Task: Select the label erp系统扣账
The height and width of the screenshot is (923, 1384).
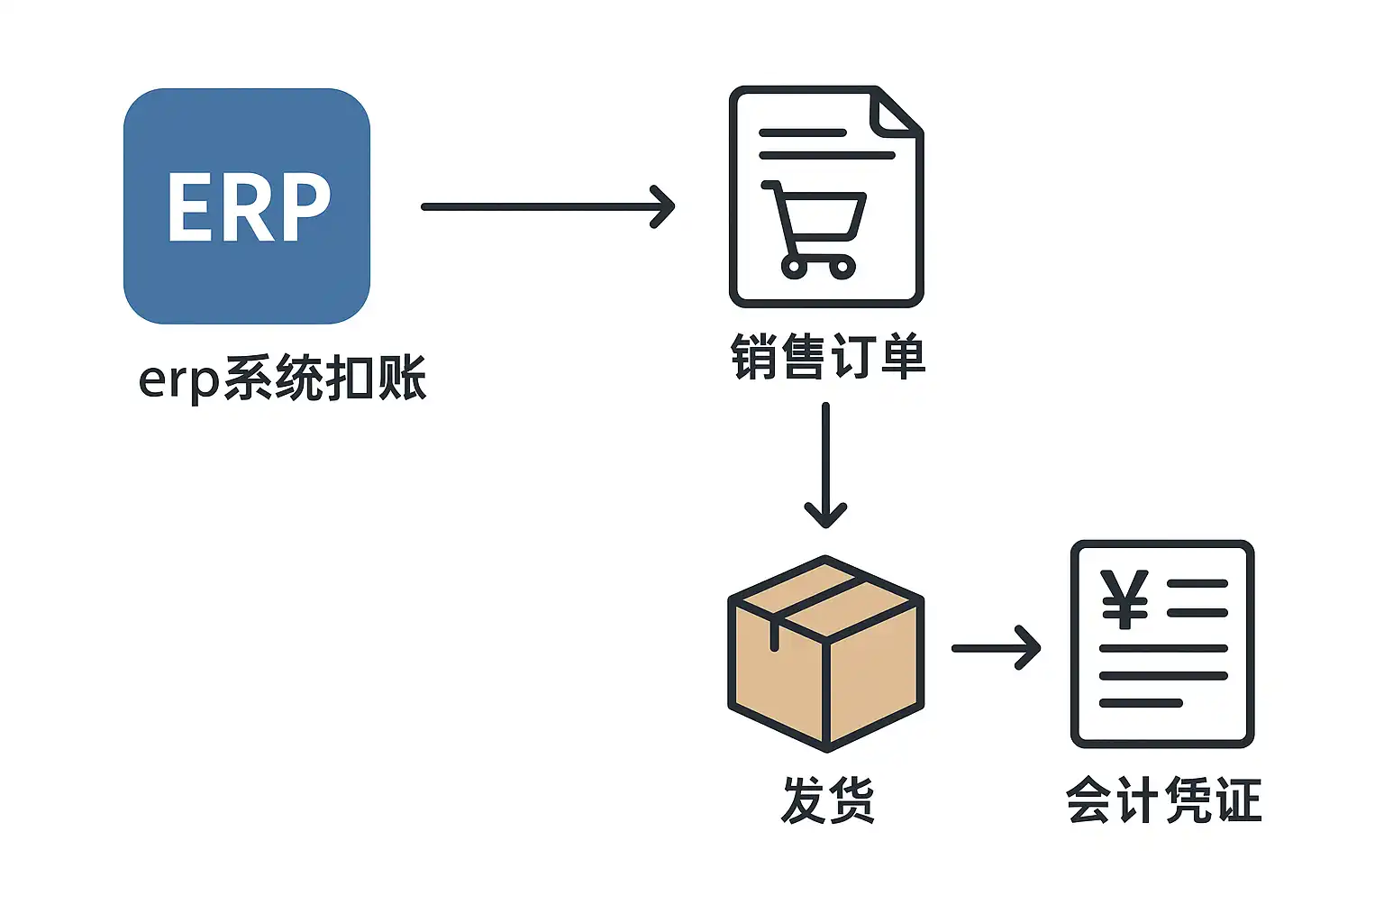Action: [x=282, y=379]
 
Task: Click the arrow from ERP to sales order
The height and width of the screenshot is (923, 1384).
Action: [x=548, y=206]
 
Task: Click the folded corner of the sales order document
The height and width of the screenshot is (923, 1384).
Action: [x=894, y=114]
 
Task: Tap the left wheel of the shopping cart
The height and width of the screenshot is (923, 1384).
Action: [x=794, y=266]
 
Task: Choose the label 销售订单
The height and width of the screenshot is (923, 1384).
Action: [x=828, y=356]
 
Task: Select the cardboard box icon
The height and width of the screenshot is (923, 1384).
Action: [x=825, y=653]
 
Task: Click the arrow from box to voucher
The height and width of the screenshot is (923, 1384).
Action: [x=996, y=647]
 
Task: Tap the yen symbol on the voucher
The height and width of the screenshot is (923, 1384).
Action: [x=1124, y=599]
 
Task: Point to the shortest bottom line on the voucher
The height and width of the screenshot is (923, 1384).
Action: [x=1141, y=703]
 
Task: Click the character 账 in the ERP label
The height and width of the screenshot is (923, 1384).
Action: [x=403, y=379]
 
